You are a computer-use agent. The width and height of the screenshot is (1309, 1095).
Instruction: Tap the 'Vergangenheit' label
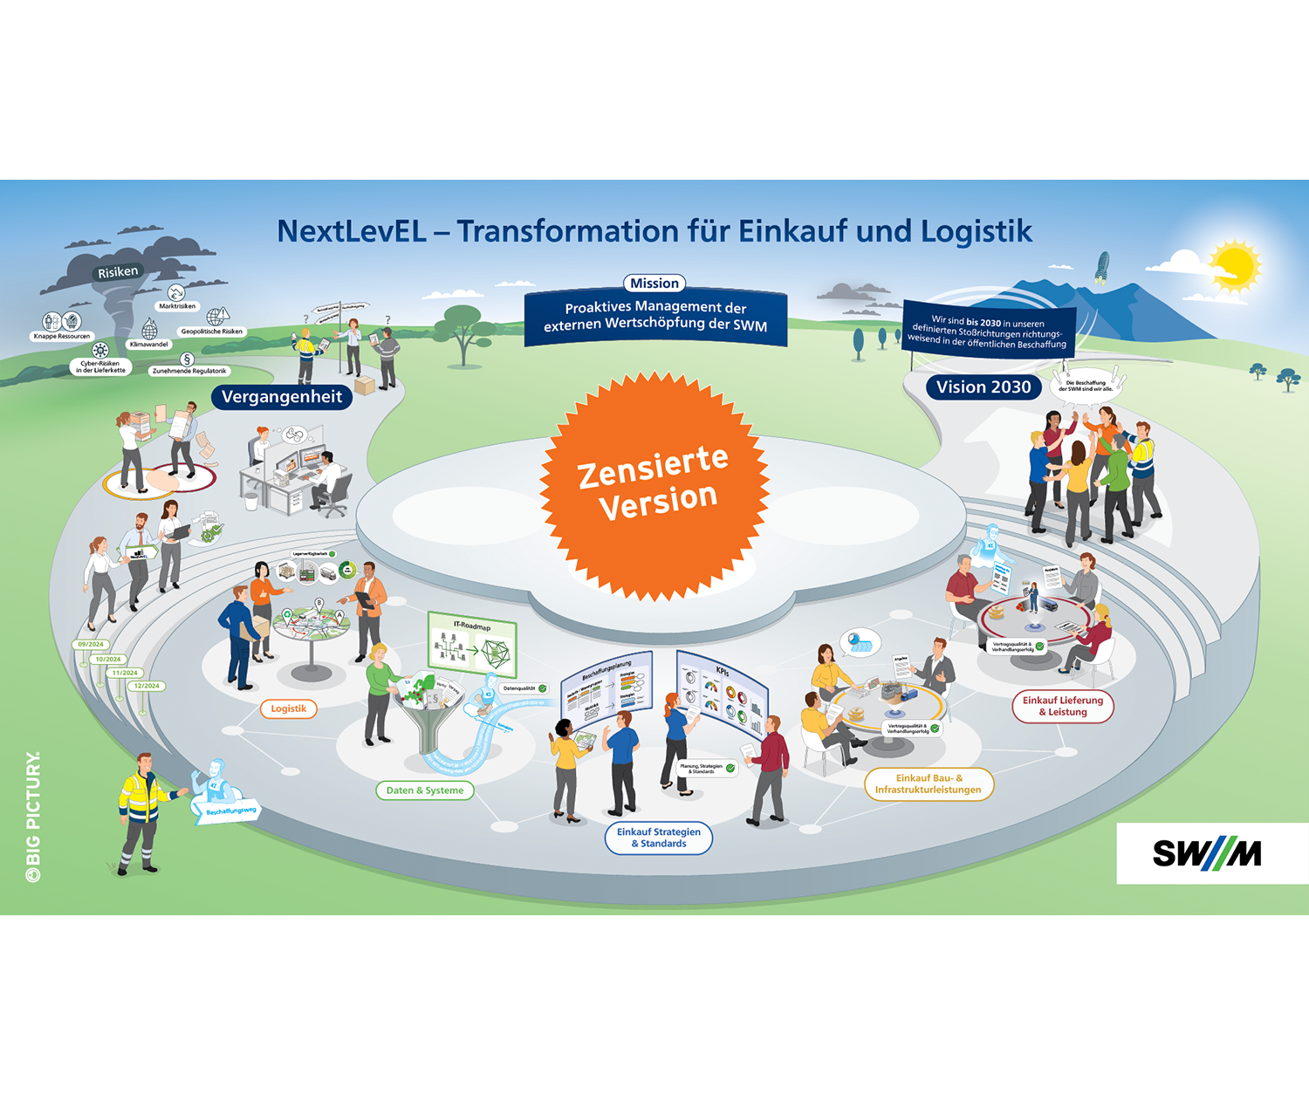(281, 397)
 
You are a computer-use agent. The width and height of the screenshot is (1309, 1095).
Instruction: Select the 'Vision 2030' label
(983, 387)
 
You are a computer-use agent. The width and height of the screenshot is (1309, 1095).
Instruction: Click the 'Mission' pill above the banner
(654, 284)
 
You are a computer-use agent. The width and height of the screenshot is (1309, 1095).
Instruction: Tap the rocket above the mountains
(1101, 267)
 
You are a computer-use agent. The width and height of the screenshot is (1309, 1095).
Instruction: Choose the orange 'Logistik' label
(288, 708)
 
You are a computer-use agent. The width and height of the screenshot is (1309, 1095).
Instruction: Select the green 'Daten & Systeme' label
(425, 790)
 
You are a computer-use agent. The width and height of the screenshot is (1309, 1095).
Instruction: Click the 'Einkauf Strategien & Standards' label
(659, 838)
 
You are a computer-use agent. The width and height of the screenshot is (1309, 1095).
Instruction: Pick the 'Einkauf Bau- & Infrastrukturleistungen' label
(928, 784)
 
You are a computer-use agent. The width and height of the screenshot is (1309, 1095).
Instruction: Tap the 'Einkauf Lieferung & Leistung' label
(1062, 706)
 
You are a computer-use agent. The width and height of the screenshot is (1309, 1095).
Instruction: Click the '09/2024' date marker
(91, 645)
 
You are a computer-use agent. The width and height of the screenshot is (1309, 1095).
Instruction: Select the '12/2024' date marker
(147, 686)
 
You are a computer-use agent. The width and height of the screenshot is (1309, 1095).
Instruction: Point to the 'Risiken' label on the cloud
(118, 272)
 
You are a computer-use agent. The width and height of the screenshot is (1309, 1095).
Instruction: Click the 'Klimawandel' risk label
(149, 345)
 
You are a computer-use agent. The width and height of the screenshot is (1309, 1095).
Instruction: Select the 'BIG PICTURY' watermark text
(33, 816)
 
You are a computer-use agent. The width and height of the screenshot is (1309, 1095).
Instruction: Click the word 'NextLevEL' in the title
(351, 231)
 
